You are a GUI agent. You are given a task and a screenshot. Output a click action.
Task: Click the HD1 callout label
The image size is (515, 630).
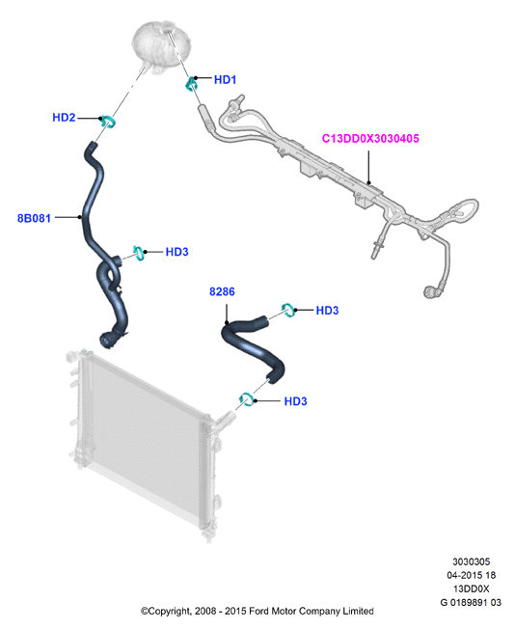tap(225, 79)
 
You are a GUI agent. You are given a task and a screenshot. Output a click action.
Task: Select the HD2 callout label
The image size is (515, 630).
tap(64, 118)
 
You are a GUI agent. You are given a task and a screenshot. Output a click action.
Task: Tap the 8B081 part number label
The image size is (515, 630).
tap(34, 218)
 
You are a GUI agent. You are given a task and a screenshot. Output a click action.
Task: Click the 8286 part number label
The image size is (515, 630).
tap(222, 291)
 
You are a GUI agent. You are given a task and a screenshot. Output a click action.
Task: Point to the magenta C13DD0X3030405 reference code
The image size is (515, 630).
tap(370, 138)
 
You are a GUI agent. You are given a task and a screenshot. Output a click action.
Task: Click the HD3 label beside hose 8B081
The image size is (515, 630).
tap(176, 252)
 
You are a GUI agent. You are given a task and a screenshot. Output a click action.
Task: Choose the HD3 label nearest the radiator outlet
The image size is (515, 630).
tap(296, 401)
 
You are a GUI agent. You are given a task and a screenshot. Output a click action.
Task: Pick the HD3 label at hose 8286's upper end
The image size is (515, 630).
tap(327, 311)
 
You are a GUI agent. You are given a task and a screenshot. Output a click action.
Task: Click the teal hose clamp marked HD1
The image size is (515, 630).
tap(190, 83)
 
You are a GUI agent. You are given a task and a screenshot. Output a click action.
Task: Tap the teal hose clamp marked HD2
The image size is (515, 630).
tap(108, 121)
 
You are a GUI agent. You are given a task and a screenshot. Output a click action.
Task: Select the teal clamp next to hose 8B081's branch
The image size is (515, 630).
tap(139, 253)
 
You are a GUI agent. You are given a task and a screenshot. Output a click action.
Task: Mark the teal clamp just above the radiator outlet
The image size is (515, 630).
tap(246, 399)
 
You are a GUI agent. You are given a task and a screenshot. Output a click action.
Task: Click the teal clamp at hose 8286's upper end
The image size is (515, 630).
tap(288, 310)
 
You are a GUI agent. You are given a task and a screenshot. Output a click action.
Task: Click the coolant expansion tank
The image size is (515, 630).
tap(161, 46)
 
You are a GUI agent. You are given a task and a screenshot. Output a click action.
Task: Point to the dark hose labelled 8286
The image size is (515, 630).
tap(253, 346)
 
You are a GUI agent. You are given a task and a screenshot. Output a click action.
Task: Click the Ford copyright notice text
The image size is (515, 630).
tap(257, 611)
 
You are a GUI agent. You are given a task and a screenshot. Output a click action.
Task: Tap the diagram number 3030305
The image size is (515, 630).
tap(472, 562)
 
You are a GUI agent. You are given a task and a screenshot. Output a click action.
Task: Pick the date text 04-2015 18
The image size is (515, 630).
tap(472, 575)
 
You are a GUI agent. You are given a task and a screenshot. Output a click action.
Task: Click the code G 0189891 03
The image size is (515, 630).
tap(471, 602)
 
